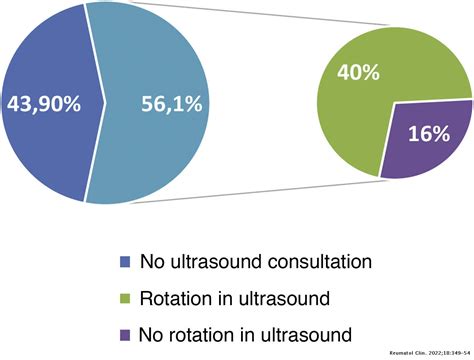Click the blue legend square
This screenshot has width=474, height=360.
tap(123, 263)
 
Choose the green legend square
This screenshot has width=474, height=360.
tap(123, 297)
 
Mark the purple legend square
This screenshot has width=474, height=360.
tap(123, 332)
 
